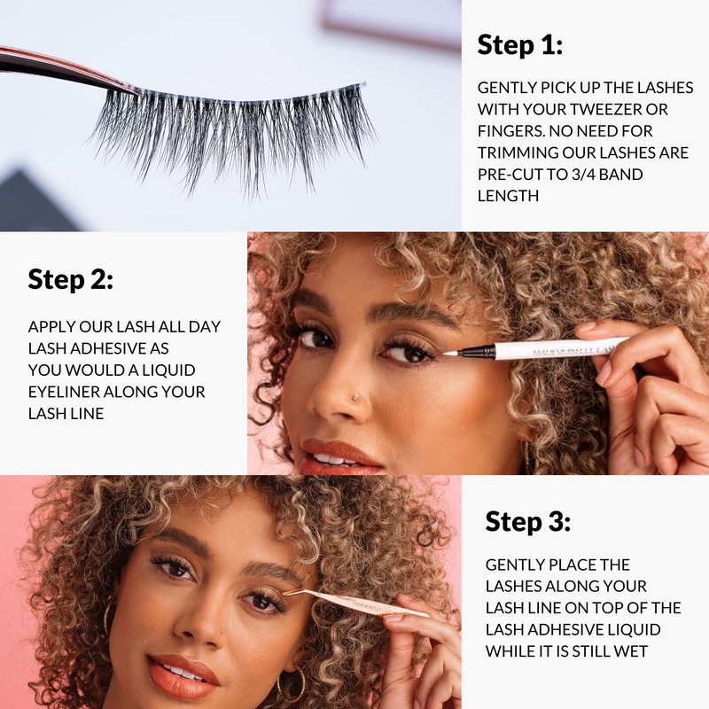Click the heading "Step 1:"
click(520, 45)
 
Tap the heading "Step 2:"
click(71, 279)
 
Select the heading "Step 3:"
click(527, 521)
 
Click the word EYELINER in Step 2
click(64, 392)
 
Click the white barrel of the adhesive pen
click(561, 347)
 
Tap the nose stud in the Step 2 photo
click(355, 397)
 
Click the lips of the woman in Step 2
click(339, 456)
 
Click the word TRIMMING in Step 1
click(518, 152)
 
